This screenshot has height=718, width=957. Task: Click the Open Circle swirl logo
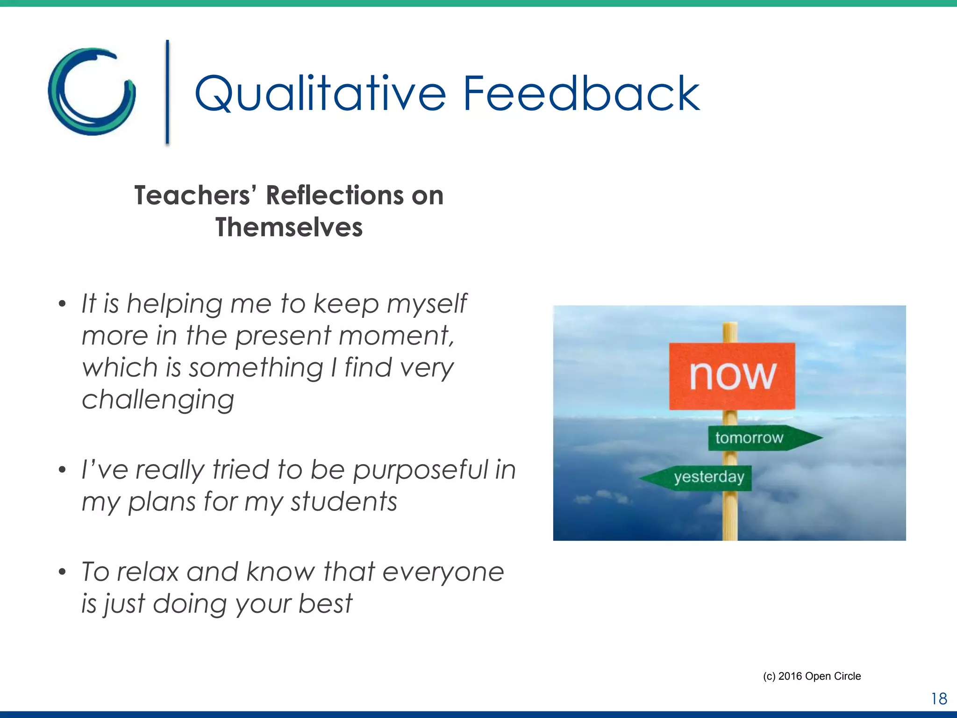point(92,92)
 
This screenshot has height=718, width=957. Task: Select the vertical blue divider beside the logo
point(167,92)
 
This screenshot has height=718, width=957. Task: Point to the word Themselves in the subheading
point(289,228)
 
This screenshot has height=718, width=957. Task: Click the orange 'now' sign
point(732,376)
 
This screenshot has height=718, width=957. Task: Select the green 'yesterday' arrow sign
point(701,478)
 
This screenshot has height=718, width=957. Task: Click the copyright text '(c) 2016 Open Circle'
point(812,676)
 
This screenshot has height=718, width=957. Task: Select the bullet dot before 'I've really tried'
point(62,470)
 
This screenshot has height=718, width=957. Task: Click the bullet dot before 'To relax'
point(62,572)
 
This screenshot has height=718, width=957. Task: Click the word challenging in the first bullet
point(158,400)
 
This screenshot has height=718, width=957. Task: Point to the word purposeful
point(420,470)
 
